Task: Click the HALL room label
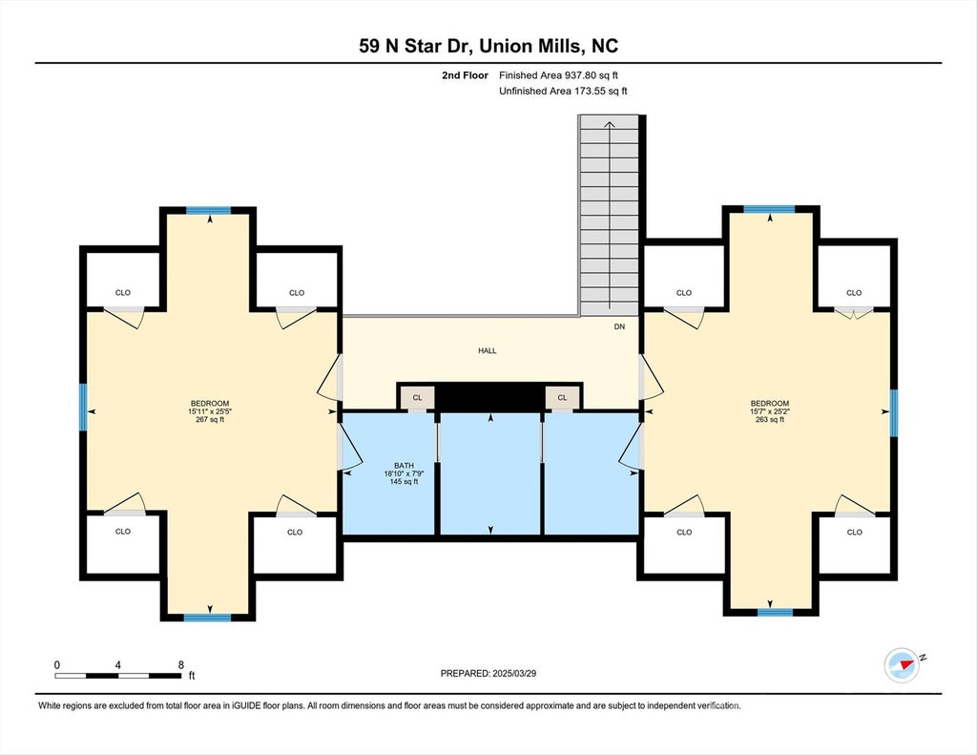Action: click(x=488, y=351)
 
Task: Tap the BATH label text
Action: click(x=404, y=466)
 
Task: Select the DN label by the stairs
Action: click(x=619, y=326)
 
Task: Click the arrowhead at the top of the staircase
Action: click(x=610, y=124)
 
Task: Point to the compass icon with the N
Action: click(x=903, y=665)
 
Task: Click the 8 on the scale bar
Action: click(x=181, y=664)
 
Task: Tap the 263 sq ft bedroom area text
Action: click(x=770, y=420)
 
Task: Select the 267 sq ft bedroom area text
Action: click(x=210, y=420)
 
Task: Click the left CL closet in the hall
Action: click(x=418, y=398)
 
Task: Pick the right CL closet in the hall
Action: click(x=563, y=398)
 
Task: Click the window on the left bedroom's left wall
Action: click(x=83, y=408)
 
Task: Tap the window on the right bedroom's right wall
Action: click(x=894, y=412)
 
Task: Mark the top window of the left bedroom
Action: click(x=209, y=211)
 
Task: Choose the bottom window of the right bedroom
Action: click(x=775, y=612)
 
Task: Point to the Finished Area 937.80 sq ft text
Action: click(x=558, y=75)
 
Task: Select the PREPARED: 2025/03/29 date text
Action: click(x=488, y=673)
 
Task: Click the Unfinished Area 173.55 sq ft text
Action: click(x=563, y=91)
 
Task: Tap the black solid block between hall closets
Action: click(x=490, y=398)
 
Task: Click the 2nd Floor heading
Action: click(x=465, y=75)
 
